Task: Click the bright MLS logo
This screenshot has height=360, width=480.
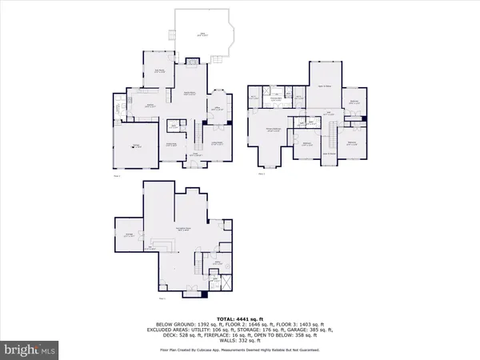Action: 31,350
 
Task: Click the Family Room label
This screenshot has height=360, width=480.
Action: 193,94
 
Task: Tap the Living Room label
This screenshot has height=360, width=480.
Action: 217,143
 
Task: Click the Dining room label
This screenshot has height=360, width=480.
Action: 170,144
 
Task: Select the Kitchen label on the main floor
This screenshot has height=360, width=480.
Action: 149,105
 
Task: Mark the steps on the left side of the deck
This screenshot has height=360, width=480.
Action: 170,34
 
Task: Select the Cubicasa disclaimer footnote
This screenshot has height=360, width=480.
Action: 240,350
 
